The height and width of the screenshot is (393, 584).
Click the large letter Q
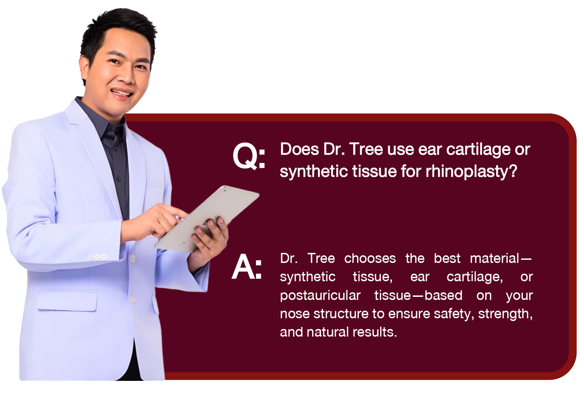245,156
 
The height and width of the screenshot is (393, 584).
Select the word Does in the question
299,149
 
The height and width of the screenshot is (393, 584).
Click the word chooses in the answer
370,258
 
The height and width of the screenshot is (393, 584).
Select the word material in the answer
495,258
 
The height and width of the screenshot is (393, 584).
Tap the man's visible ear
84,68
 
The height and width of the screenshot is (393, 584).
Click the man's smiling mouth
122,93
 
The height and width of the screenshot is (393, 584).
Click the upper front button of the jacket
133,258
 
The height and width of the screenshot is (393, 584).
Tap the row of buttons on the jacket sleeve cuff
98,258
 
